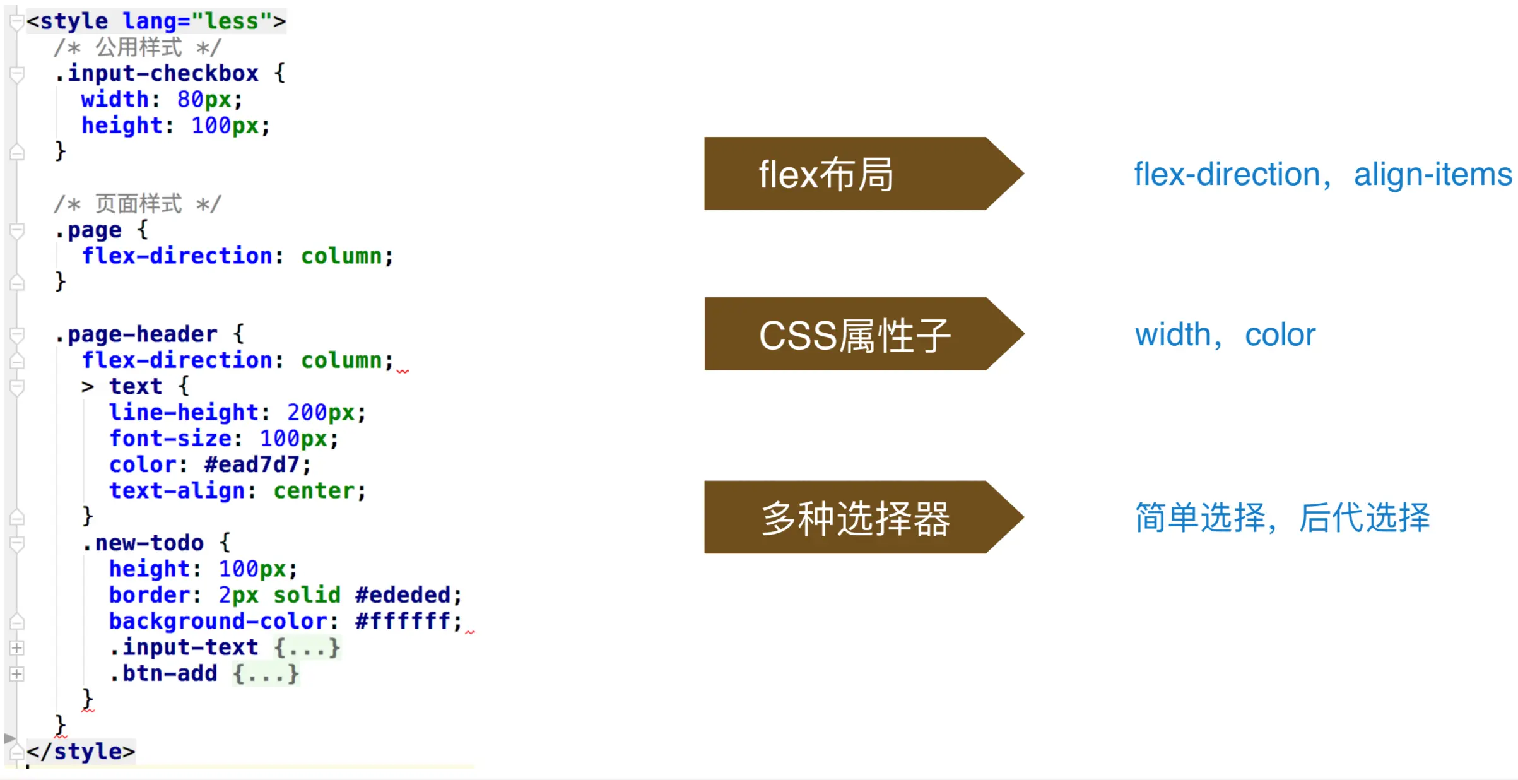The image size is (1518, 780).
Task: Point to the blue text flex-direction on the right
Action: (1227, 175)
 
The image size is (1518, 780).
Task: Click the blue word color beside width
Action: (1280, 335)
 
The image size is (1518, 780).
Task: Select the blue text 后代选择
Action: (1364, 518)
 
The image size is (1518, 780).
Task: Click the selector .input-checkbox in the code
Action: (157, 74)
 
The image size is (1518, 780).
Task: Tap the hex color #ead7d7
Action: (251, 465)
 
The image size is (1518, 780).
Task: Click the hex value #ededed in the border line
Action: (403, 595)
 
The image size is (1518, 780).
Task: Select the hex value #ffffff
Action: (403, 622)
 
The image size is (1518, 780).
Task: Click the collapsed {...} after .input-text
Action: (307, 648)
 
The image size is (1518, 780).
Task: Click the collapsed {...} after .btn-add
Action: (266, 674)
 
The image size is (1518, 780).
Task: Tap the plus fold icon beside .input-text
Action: (17, 648)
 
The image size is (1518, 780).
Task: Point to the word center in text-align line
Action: (314, 491)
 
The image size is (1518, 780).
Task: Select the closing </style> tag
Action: (81, 752)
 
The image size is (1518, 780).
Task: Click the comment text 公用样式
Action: (139, 47)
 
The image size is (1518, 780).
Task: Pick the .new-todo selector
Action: (143, 543)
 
